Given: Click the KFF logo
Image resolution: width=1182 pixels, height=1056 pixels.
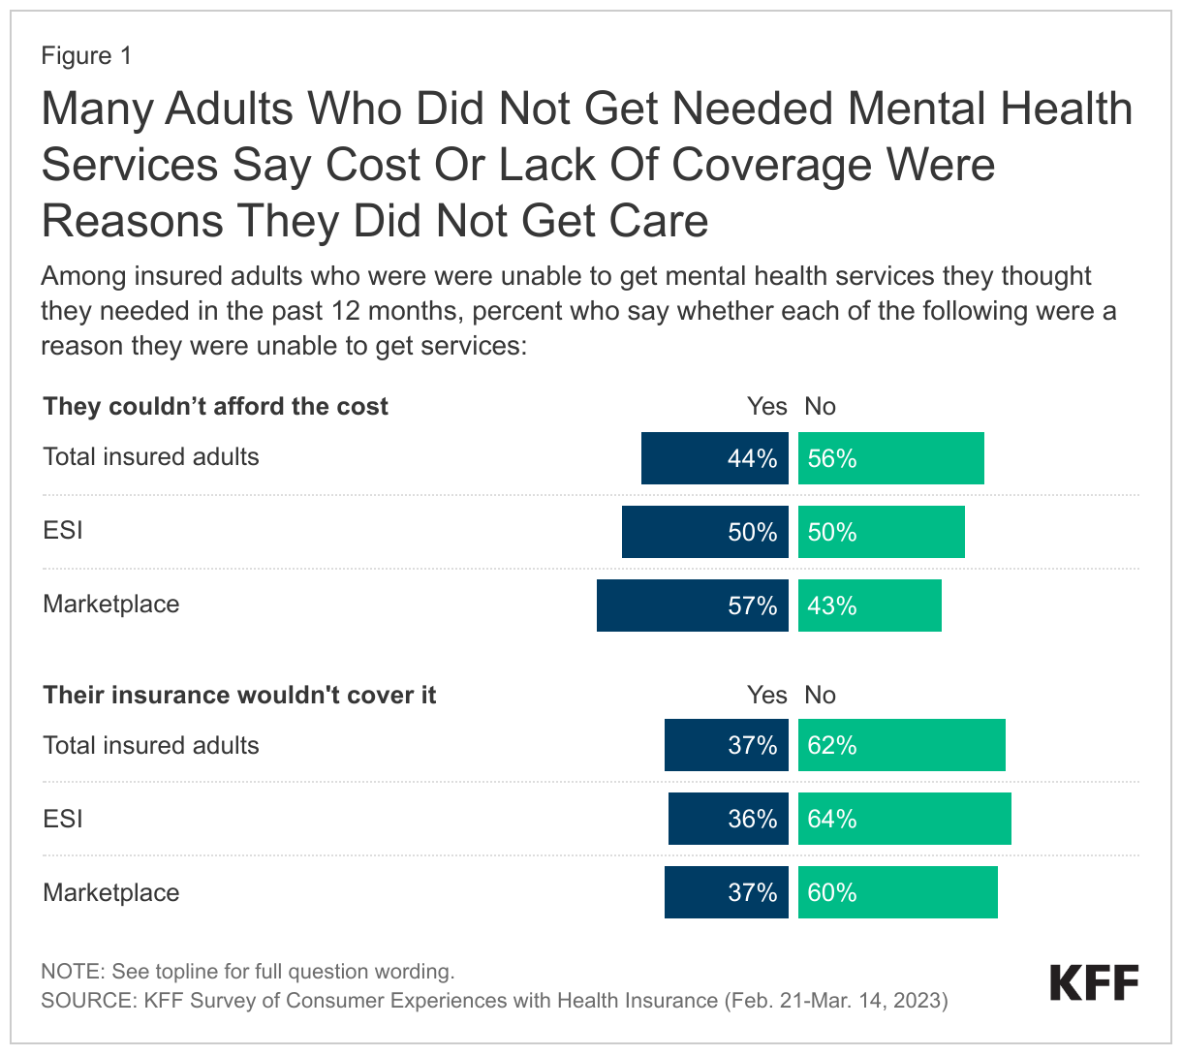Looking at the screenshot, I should pyautogui.click(x=1094, y=982).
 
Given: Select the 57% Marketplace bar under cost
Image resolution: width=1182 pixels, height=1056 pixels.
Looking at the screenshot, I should pyautogui.click(x=692, y=606).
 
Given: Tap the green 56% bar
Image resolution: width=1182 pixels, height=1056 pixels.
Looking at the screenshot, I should pyautogui.click(x=890, y=458).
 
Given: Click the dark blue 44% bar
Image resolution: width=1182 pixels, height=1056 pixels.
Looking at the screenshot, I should pyautogui.click(x=714, y=458).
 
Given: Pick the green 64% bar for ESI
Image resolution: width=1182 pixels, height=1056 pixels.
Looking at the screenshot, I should pyautogui.click(x=904, y=819).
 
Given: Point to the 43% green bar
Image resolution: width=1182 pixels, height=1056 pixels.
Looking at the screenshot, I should pyautogui.click(x=869, y=606).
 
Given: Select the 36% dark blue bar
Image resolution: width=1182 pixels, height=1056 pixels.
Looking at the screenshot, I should pyautogui.click(x=728, y=819).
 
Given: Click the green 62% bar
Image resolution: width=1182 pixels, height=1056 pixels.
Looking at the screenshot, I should pyautogui.click(x=901, y=745).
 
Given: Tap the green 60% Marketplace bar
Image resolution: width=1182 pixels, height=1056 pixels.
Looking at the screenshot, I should pyautogui.click(x=897, y=892).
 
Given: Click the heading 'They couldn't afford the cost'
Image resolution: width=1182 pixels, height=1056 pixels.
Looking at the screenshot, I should pyautogui.click(x=215, y=406).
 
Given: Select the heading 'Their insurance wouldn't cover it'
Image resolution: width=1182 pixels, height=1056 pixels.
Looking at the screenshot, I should pyautogui.click(x=239, y=695).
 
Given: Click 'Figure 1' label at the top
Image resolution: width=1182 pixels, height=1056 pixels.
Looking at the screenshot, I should pyautogui.click(x=86, y=56).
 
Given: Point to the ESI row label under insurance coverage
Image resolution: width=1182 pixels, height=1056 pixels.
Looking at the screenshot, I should pyautogui.click(x=63, y=819).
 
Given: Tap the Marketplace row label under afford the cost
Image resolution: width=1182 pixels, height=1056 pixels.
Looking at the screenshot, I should pyautogui.click(x=111, y=604).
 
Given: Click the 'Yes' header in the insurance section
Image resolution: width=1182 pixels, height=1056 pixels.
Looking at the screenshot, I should pyautogui.click(x=766, y=695).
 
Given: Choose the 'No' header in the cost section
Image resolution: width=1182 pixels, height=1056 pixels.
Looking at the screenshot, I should pyautogui.click(x=820, y=406).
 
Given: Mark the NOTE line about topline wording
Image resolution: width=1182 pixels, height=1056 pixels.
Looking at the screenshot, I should pyautogui.click(x=247, y=971).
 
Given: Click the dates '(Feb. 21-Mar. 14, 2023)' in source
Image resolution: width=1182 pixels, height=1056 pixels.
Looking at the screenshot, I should pyautogui.click(x=835, y=1000).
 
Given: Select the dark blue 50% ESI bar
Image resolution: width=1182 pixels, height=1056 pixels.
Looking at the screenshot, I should pyautogui.click(x=704, y=532).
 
